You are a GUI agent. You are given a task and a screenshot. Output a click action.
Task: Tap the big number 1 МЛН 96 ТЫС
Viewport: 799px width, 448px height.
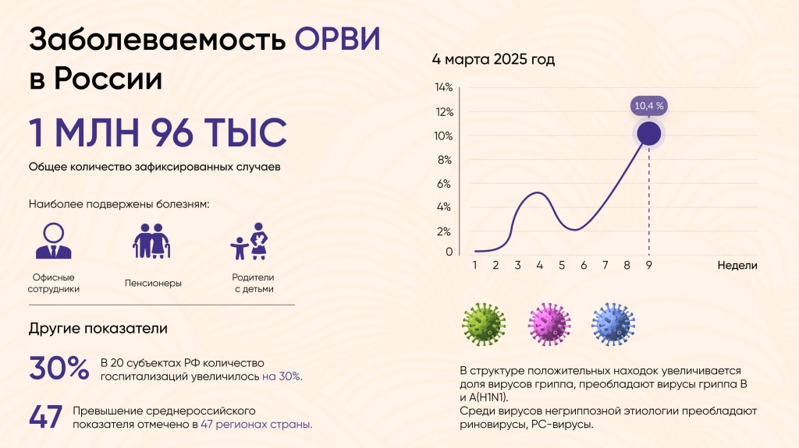pos(158,133)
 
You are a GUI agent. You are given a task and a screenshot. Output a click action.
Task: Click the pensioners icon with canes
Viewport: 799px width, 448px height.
pos(151,241)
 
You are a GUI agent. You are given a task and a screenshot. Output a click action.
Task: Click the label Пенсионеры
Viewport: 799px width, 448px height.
pos(153,283)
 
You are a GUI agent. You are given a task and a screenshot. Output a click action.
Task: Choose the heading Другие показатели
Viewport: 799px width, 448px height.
pos(98,328)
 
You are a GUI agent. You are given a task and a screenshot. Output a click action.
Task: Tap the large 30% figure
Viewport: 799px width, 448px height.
pos(59,369)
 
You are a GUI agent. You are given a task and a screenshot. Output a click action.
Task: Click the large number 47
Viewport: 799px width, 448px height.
pos(46,417)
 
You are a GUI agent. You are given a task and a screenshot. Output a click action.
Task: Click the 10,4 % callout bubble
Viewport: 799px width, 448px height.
pos(649,105)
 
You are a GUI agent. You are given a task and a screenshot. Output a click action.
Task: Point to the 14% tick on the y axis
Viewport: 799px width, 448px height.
pos(443,86)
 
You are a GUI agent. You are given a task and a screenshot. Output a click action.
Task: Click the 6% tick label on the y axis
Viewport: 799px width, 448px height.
pos(443,184)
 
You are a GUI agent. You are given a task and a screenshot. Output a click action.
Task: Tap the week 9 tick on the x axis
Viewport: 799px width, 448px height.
pos(648,265)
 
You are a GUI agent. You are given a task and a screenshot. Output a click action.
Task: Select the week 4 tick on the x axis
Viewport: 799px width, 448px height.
pos(539,265)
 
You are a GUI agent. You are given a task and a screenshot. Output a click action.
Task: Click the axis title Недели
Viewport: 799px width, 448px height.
pos(737,265)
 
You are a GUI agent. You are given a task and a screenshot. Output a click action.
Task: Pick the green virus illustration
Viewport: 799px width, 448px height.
pos(484,324)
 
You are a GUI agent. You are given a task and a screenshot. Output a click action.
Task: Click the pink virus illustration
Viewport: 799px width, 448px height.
pos(549,324)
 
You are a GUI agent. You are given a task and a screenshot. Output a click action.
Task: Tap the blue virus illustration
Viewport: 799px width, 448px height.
pos(613,324)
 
